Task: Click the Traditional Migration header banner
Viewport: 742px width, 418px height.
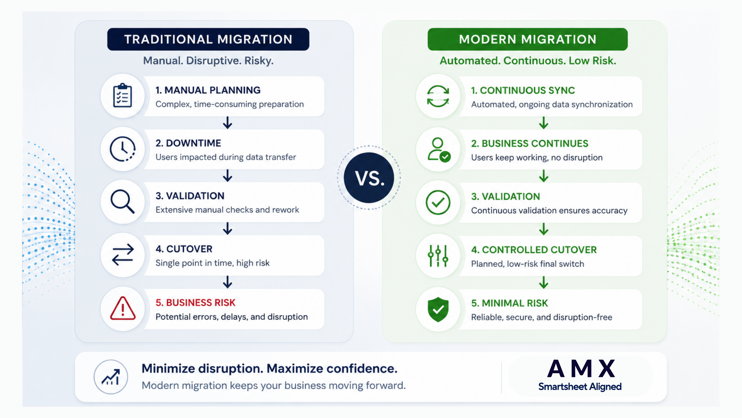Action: tap(208, 39)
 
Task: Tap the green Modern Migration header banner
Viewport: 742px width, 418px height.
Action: tap(527, 39)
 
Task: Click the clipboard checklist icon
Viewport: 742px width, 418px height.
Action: tap(122, 95)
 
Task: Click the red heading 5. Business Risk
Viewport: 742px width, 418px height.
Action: tap(195, 303)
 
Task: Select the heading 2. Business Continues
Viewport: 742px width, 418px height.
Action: tap(529, 143)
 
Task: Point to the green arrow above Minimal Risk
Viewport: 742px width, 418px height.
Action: tap(544, 282)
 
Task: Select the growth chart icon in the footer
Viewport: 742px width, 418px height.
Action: tap(111, 377)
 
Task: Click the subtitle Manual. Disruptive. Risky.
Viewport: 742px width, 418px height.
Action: tap(208, 61)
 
